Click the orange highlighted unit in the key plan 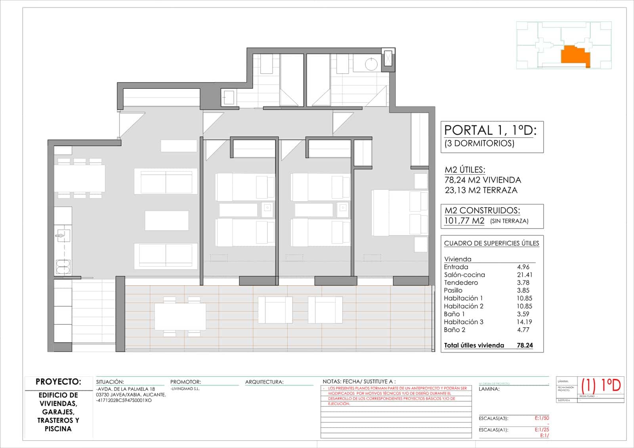(x=575, y=55)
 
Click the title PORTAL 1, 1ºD (x=490, y=130)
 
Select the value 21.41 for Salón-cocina (x=524, y=275)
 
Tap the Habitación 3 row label (x=463, y=322)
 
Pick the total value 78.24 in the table (x=525, y=345)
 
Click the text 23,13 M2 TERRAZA (x=481, y=190)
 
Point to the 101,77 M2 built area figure (x=464, y=221)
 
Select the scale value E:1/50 (x=542, y=418)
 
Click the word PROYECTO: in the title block (x=58, y=382)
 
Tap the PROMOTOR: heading (x=185, y=382)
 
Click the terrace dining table (x=180, y=316)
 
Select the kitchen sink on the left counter (x=63, y=236)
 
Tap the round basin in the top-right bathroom (x=371, y=64)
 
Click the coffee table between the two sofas (x=166, y=220)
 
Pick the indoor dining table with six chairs (x=80, y=178)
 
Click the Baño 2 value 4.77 (x=523, y=330)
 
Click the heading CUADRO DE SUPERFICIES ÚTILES (x=491, y=243)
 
